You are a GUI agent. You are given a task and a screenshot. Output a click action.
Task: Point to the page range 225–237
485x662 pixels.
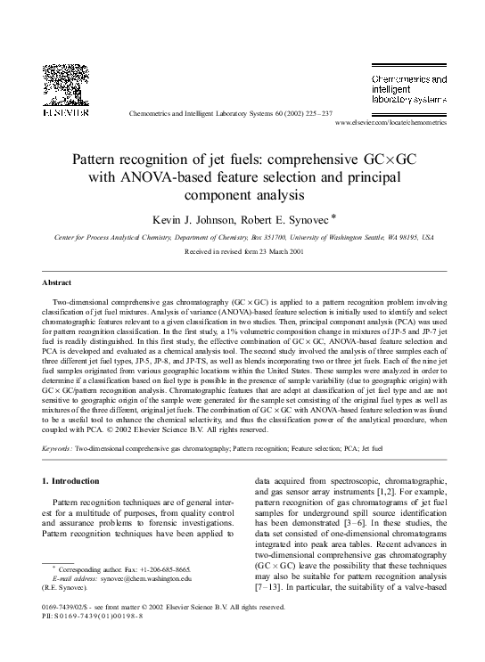(x=315, y=114)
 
